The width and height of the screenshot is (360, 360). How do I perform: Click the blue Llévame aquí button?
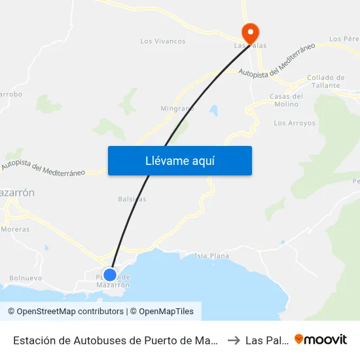pos(179,160)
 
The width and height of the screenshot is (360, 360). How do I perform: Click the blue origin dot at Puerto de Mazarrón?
pos(110,275)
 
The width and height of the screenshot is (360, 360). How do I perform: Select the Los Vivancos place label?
pos(163,41)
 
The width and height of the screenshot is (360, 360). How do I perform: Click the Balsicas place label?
pos(132,198)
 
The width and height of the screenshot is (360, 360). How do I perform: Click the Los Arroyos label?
pos(294,123)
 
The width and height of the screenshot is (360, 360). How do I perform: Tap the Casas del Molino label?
pos(286,100)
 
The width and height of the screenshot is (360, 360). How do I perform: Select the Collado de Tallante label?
pos(325,81)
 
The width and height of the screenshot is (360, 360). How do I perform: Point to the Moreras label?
pos(14,230)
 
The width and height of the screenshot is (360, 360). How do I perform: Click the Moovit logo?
pos(321,339)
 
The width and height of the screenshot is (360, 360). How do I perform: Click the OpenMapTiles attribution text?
pos(162,312)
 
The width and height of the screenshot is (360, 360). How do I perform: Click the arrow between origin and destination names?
pos(234,340)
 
